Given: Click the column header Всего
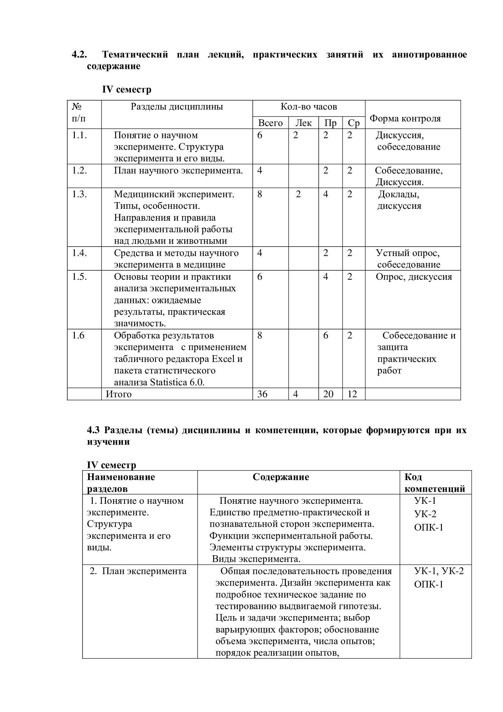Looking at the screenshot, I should point(270,123).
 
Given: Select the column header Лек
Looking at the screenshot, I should point(303,123).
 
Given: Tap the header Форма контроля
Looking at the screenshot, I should point(405,118).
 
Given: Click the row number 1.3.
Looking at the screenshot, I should point(80,194).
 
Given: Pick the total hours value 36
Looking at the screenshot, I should point(262,394).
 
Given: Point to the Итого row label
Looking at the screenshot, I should point(119,394).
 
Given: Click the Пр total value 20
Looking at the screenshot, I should point(328,394).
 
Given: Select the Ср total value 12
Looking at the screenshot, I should point(352,394).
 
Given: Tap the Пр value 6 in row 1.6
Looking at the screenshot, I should point(325,335).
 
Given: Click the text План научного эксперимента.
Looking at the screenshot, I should point(178,170).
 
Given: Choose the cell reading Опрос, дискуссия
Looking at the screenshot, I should point(414,277).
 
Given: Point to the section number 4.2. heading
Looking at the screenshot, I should point(80,54).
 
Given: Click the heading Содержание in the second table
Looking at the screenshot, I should point(281,477).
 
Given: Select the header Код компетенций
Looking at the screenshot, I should point(435,483).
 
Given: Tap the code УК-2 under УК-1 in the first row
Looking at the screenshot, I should point(425,514).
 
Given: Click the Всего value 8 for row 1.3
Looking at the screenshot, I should point(259,194).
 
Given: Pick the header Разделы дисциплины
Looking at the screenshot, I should point(177,107).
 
